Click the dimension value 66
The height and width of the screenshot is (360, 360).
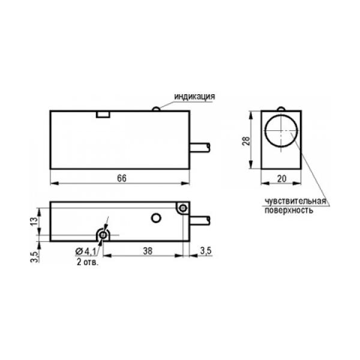(122, 178)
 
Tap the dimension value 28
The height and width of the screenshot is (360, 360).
(246, 141)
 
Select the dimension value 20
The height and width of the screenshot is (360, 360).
(282, 179)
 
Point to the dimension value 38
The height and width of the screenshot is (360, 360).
(148, 251)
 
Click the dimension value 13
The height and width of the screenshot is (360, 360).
(34, 221)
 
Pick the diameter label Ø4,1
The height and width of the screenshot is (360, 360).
(86, 251)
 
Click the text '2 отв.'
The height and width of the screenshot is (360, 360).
(88, 262)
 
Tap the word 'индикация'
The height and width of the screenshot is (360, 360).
(194, 97)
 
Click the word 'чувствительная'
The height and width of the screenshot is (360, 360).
(296, 201)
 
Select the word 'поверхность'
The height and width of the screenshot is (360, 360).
(289, 210)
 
